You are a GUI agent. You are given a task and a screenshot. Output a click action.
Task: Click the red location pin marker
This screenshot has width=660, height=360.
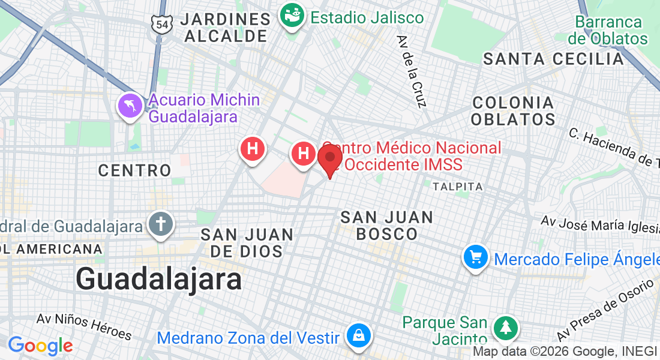coord(330,158)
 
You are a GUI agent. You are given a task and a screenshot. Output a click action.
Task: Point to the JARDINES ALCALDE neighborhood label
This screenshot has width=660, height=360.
coord(226,28)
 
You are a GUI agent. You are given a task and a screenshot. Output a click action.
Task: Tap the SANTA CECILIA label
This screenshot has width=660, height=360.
coord(554,59)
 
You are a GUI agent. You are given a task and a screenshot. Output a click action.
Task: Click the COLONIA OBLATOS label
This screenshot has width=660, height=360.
coord(513,110)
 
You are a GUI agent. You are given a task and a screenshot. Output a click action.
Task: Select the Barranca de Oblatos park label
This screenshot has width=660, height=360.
coord(608,31)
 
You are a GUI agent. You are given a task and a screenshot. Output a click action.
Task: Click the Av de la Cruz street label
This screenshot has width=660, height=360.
coord(411,71)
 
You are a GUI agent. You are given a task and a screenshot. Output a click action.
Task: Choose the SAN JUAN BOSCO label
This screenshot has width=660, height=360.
coord(387,225)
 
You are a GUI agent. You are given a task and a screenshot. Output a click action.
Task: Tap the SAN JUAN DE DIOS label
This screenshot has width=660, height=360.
coord(247,242)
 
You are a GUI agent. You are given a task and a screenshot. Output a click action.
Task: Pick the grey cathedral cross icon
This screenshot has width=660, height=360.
coord(160,225)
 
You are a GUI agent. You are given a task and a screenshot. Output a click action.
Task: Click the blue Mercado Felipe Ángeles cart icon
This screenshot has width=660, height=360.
coord(476,258)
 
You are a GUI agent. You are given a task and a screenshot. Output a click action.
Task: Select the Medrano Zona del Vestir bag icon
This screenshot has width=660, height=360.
coord(358,336)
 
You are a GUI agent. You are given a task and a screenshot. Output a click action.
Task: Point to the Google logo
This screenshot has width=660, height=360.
coord(40,346)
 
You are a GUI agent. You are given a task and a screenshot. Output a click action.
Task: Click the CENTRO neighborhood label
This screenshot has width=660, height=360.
coord(135,170)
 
